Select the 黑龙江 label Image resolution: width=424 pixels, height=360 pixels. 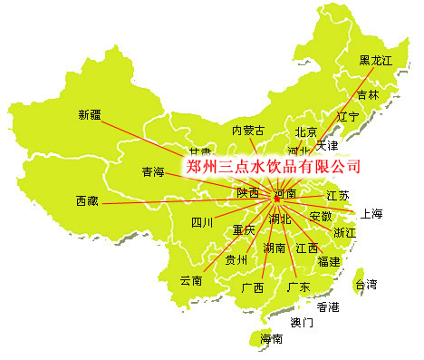click(377, 61)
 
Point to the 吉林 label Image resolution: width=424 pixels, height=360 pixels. click(368, 95)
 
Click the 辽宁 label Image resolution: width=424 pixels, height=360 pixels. click(349, 117)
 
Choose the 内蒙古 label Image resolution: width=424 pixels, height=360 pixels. click(249, 131)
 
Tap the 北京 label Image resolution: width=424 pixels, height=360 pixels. click(306, 132)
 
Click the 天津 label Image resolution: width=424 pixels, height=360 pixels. click(327, 145)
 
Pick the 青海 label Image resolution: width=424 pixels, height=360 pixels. click(153, 171)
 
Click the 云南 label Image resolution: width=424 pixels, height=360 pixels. click(190, 280)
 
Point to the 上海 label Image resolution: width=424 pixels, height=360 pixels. click(371, 215)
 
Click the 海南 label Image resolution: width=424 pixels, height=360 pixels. click(272, 339)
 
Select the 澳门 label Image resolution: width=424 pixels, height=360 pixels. click(302, 322)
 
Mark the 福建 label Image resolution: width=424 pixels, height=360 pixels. click(329, 262)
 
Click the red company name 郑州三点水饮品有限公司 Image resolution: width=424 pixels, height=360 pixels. click(273, 167)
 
